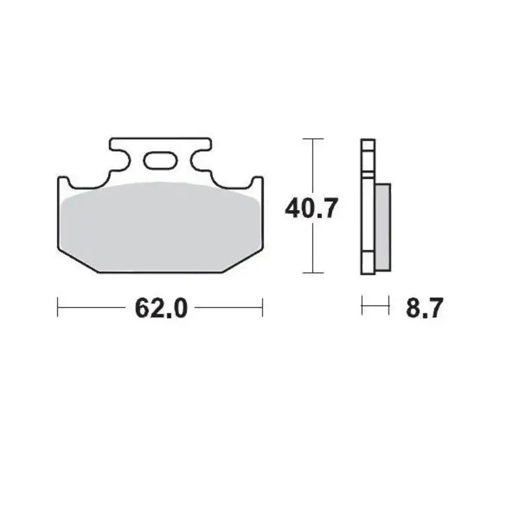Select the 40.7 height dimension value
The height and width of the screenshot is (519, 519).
311,209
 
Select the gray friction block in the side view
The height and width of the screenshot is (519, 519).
383,226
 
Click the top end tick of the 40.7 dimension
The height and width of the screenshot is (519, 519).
313,138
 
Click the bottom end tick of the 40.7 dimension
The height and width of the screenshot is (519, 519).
313,273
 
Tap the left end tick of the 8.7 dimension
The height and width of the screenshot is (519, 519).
362,306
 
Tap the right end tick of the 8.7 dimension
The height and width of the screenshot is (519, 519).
389,306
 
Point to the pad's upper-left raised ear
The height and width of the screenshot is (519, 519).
63,181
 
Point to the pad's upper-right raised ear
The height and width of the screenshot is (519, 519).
258,181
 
